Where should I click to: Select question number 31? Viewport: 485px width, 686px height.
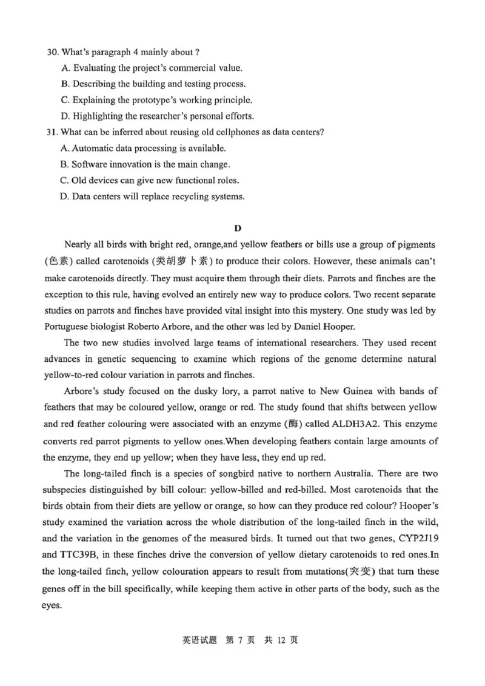[52, 132]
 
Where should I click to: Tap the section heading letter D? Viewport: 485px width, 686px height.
[238, 228]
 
